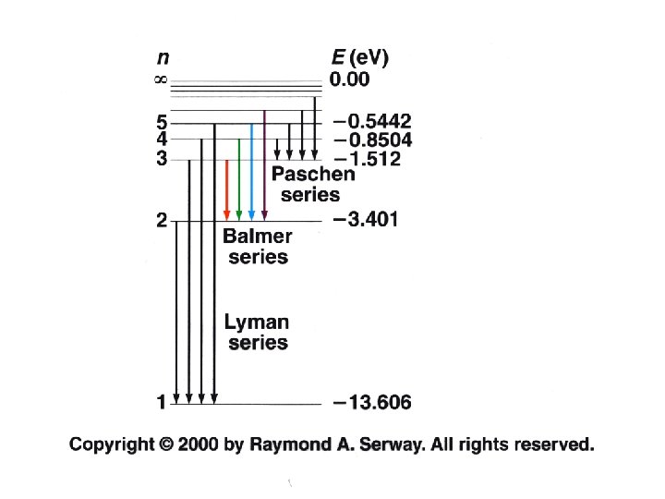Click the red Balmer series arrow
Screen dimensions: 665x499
pyautogui.click(x=227, y=189)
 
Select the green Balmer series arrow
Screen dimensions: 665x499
pyautogui.click(x=239, y=180)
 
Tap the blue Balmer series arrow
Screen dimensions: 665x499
pyautogui.click(x=251, y=172)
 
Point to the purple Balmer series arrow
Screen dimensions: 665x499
pyautogui.click(x=264, y=166)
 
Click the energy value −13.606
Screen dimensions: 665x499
pyautogui.click(x=372, y=402)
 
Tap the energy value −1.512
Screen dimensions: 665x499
pyautogui.click(x=367, y=160)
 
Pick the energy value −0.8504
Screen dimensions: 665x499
pyautogui.click(x=372, y=140)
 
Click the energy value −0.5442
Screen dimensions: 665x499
pyautogui.click(x=372, y=121)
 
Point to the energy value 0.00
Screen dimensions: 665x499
pyautogui.click(x=350, y=79)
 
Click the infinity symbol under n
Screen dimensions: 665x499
pyautogui.click(x=160, y=80)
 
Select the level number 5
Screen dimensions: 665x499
pyautogui.click(x=161, y=122)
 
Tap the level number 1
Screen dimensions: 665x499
pyautogui.click(x=161, y=402)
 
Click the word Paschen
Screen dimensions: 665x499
pyautogui.click(x=312, y=176)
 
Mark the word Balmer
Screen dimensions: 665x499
pyautogui.click(x=258, y=237)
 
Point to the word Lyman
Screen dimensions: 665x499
pyautogui.click(x=257, y=323)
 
